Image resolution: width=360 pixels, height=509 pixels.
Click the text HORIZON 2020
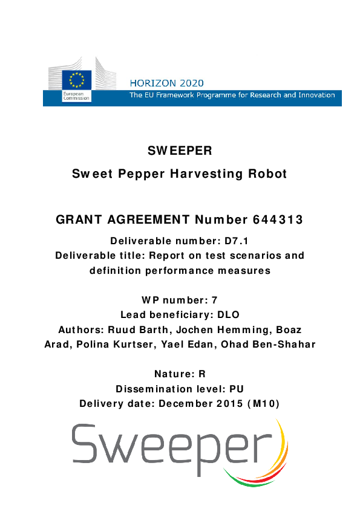pos(167,83)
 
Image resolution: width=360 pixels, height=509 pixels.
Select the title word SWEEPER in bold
pos(180,151)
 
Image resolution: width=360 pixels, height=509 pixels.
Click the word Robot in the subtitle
pos(266,174)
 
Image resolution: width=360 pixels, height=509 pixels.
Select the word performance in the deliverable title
pos(183,271)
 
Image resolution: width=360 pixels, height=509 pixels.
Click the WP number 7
pos(215,300)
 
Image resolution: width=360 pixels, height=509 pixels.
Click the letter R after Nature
pos(202,374)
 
